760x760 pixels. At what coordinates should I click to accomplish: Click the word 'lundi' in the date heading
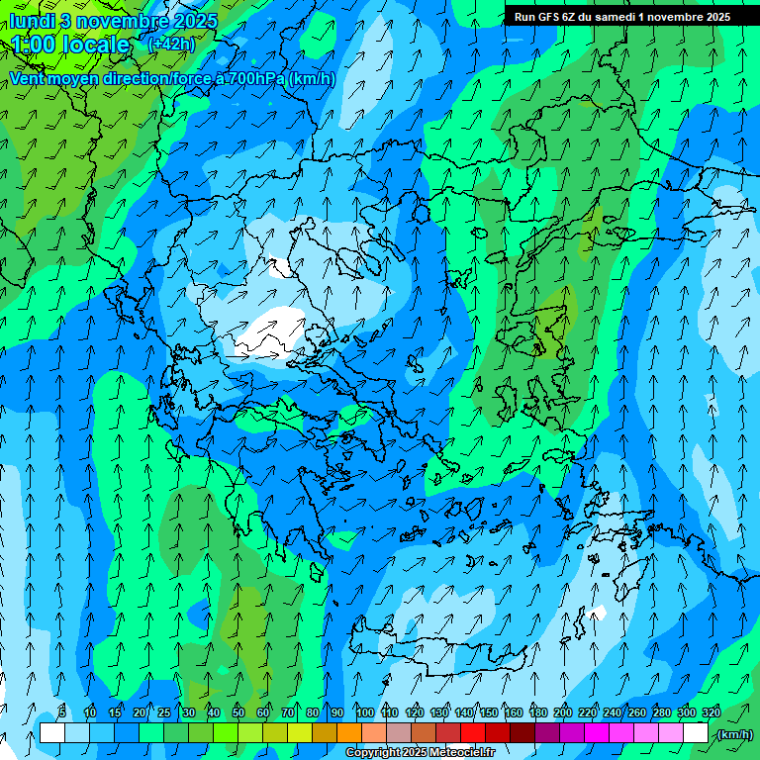(x=34, y=21)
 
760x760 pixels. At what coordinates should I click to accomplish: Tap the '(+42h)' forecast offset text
(x=171, y=44)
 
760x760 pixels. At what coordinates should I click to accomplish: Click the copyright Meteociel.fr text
(x=420, y=753)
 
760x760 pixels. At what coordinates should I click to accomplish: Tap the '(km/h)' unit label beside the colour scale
(x=734, y=734)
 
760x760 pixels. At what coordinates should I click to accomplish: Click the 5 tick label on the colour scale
(x=63, y=713)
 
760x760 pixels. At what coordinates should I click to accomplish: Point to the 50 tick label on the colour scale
(x=238, y=713)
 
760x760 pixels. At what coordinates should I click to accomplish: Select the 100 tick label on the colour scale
(x=364, y=713)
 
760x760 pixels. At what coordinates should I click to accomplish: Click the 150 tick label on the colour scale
(x=489, y=713)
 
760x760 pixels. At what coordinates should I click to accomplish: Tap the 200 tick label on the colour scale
(x=563, y=713)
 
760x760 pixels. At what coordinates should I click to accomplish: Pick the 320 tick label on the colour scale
(x=712, y=713)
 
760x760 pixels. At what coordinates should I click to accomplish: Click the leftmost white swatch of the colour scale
(x=51, y=733)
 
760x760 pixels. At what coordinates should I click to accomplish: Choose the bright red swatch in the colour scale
(x=473, y=733)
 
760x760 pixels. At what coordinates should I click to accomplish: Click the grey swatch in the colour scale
(x=398, y=733)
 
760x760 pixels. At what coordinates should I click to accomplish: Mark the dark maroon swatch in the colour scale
(x=522, y=733)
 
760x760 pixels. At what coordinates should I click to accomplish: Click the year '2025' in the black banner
(x=712, y=17)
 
